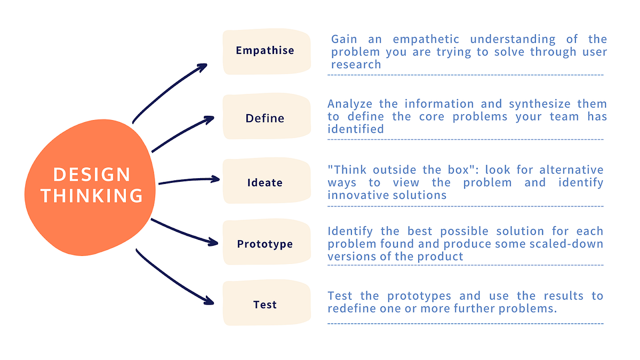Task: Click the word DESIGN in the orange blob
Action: pos(92,174)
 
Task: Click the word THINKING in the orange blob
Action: pos(92,196)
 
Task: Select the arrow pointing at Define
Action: pos(181,133)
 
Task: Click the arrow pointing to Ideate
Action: pos(189,180)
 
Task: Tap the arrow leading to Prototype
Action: pos(181,231)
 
